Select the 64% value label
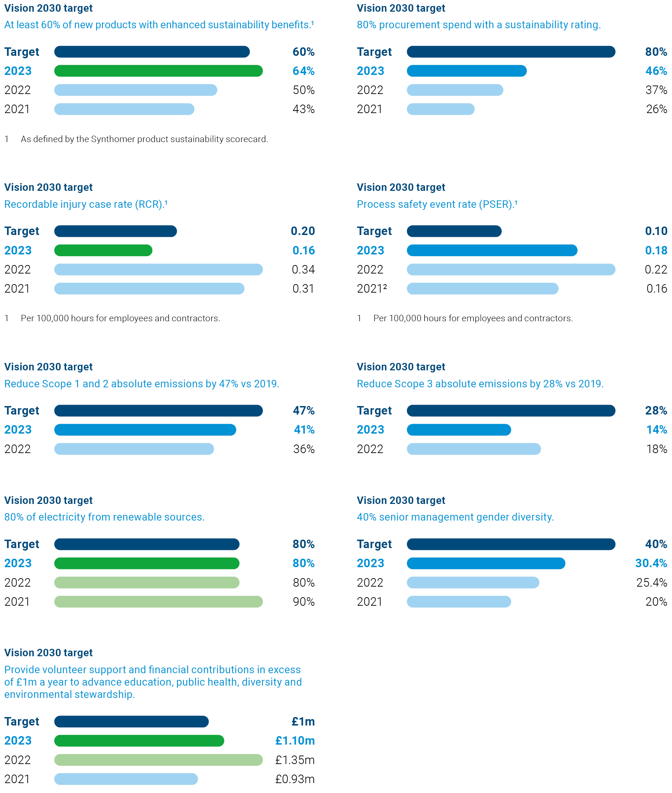tap(303, 71)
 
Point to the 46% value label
tap(656, 71)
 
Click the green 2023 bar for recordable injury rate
tap(103, 250)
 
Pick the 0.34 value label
tap(303, 269)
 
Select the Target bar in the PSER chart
tap(454, 231)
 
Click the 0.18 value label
tap(656, 250)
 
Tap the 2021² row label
tap(372, 288)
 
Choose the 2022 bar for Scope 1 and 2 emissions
tap(134, 449)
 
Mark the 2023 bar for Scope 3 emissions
tap(459, 429)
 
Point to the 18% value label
tap(656, 449)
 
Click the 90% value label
tap(303, 601)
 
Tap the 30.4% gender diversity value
tap(651, 563)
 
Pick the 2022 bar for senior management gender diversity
tap(473, 582)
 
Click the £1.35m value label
tap(295, 760)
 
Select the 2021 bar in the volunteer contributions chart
tap(126, 779)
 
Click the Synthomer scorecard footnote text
tap(145, 139)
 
